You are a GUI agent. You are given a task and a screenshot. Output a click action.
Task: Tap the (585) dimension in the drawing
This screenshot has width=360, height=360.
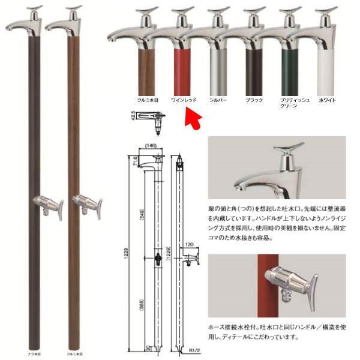pos(140,304)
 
